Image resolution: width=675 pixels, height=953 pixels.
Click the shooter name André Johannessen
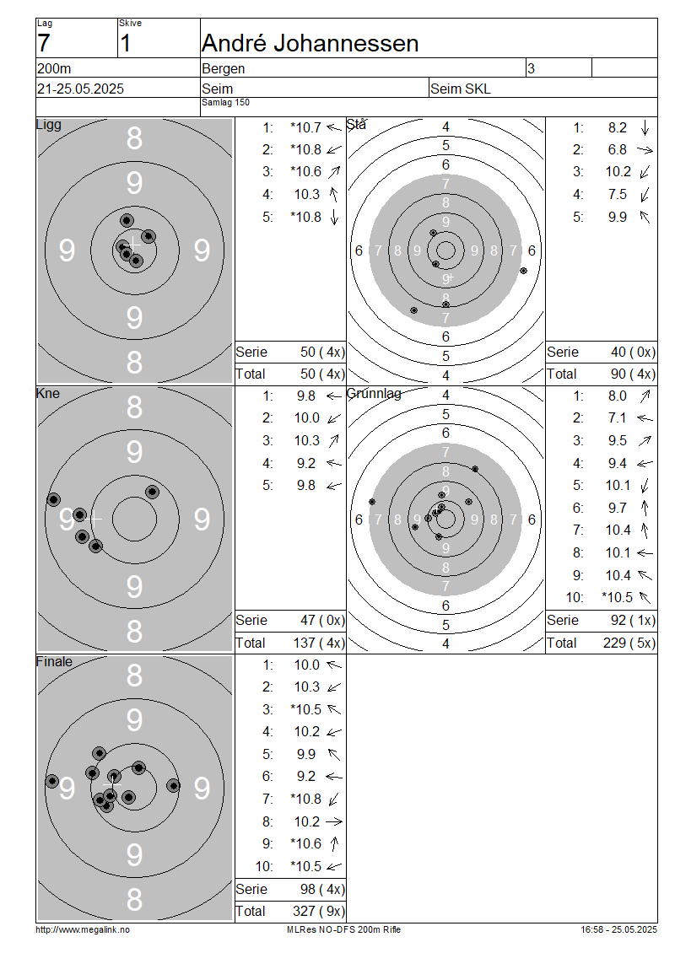310,44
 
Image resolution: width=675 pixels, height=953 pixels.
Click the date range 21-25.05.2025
80,89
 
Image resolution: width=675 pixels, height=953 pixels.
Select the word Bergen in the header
224,68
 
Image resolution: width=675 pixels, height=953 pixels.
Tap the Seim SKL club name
461,89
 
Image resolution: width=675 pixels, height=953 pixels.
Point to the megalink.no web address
83,929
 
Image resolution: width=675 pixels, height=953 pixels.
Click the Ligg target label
49,125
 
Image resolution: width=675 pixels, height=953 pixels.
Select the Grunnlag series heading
374,393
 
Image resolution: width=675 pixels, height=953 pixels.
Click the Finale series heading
54,661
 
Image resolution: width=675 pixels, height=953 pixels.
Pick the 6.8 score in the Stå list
618,149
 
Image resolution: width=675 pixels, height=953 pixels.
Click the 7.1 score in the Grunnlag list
618,418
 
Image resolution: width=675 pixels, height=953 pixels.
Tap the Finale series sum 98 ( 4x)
322,889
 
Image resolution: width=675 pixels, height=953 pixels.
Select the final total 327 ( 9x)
319,911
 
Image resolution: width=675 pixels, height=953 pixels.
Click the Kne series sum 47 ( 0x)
322,621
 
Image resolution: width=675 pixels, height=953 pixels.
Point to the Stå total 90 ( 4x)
633,374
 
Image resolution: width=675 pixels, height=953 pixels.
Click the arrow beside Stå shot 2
645,149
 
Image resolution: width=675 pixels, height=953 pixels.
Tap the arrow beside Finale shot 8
334,821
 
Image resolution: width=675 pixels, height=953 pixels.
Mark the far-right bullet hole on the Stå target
524,271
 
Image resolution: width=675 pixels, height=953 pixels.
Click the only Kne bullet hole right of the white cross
152,492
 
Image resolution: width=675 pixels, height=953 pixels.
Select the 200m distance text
54,68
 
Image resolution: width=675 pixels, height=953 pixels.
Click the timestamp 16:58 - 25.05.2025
618,929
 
